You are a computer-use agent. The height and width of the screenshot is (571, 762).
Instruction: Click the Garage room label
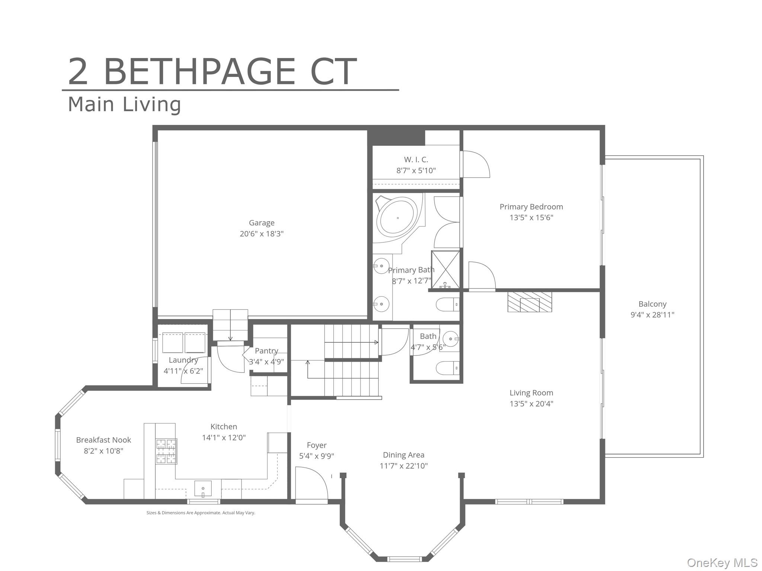pos(262,223)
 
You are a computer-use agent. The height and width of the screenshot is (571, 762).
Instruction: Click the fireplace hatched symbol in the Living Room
pos(529,302)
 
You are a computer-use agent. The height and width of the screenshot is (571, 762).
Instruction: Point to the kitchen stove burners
pos(166,451)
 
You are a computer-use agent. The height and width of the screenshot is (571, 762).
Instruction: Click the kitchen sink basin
pos(203,488)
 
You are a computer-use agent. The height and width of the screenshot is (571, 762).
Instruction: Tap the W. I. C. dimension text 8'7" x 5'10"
pos(416,171)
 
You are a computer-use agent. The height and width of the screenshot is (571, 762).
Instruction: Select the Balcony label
pos(652,304)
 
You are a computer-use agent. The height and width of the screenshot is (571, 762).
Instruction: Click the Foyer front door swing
pos(311,483)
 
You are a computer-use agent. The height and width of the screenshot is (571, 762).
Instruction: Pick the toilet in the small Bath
pos(447,368)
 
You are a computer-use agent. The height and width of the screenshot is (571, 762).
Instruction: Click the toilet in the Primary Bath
pos(447,305)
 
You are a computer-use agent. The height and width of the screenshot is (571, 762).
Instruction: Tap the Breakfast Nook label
pos(103,440)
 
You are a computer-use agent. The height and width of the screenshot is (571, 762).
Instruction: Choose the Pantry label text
pos(266,351)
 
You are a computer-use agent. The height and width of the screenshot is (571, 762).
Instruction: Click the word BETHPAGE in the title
pos(199,72)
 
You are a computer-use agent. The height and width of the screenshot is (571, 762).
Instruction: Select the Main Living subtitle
pos(124,104)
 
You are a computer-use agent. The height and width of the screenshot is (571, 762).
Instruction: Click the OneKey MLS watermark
pos(722,562)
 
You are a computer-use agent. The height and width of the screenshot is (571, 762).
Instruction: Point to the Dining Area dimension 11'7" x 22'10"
pos(404,466)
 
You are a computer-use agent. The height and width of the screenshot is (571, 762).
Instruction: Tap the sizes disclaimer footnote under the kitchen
pos(201,513)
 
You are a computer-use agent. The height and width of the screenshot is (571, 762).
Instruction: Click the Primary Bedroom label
pos(531,207)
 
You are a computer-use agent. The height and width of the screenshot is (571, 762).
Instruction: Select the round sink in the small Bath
pos(450,339)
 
